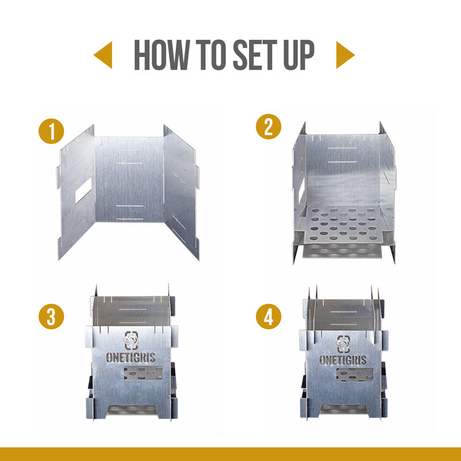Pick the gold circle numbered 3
51,318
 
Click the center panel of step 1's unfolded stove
129,182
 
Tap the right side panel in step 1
181,190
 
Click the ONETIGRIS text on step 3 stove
131,357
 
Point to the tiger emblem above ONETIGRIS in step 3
131,339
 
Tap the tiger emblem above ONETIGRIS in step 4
345,344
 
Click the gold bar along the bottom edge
231,454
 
